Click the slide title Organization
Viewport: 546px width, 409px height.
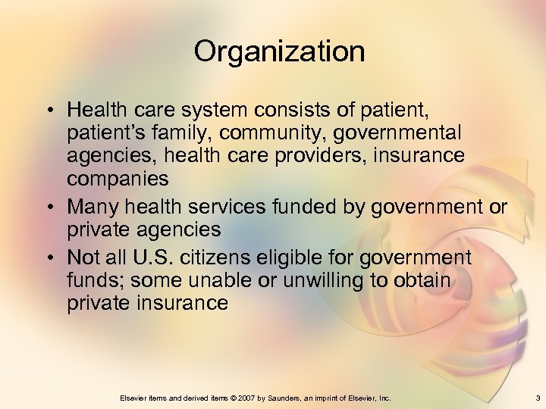(x=279, y=52)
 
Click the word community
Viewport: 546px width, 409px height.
(x=268, y=133)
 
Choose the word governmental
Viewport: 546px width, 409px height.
(x=395, y=133)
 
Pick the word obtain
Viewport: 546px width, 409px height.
(x=419, y=280)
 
